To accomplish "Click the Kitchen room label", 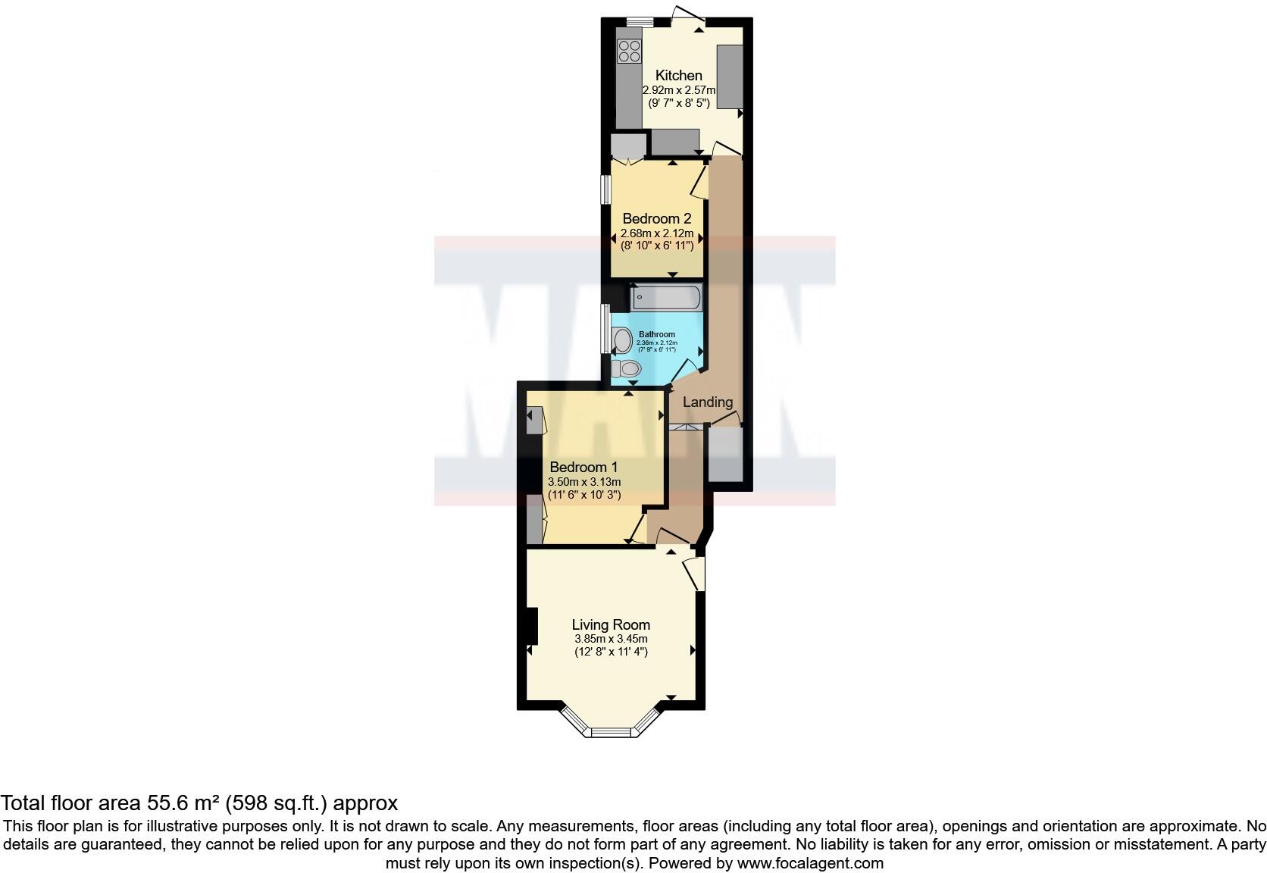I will (678, 75).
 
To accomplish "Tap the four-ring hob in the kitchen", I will (629, 51).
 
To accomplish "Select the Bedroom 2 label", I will (656, 219).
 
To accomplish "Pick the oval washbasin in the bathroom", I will (623, 341).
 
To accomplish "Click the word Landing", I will (708, 402).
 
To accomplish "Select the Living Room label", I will (611, 625).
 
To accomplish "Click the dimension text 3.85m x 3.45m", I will (611, 639).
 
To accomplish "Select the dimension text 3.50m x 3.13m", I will (584, 482).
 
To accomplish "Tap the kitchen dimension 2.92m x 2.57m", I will (679, 89).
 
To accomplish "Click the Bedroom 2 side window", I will (606, 189).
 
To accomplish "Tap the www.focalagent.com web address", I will (809, 862).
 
